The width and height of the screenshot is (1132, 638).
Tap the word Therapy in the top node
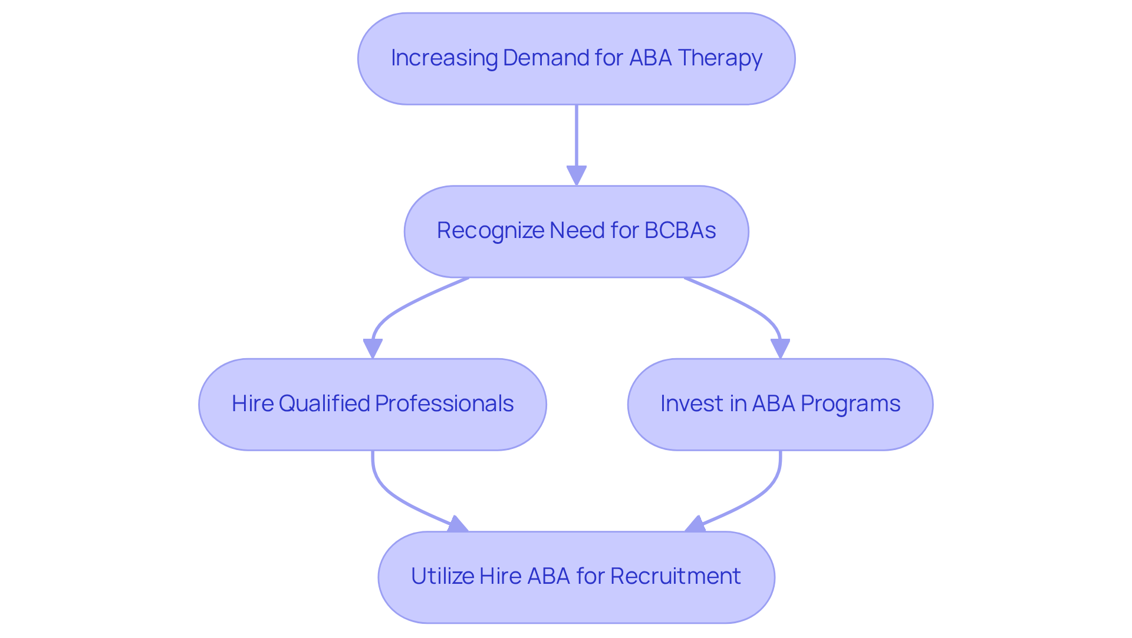(720, 58)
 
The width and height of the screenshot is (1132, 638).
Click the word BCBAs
(680, 230)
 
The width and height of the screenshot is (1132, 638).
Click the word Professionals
(444, 404)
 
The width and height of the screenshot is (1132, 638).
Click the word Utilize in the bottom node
(442, 576)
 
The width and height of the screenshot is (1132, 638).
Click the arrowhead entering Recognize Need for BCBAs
(576, 176)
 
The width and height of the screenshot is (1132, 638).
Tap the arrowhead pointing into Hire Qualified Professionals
(373, 348)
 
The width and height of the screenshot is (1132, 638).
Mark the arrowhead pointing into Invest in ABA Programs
(780, 348)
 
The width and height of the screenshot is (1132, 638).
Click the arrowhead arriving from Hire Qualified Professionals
(458, 524)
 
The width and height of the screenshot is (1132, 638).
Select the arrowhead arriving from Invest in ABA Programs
(695, 524)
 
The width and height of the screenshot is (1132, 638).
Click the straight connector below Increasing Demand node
(576, 135)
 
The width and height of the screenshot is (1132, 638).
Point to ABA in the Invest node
(773, 404)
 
